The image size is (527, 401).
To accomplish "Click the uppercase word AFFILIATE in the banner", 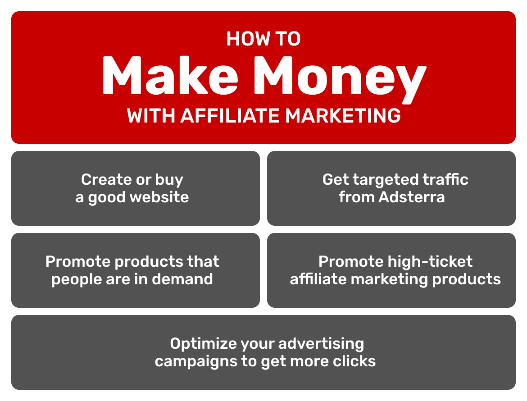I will point(230,116).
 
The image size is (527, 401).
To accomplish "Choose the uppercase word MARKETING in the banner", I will point(343,116).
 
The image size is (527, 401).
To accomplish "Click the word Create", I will point(106,180).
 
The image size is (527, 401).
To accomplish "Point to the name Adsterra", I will point(412,197).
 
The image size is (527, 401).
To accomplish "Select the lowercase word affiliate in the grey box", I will point(318,279).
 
